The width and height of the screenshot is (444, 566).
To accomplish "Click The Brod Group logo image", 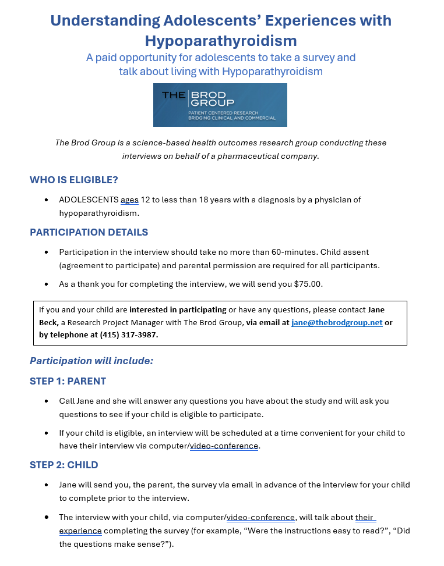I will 220,105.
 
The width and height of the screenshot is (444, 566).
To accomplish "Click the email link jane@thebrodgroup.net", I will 337,323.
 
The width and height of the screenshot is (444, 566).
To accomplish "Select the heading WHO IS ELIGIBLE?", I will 74,180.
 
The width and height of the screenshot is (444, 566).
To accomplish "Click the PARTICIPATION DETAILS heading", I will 89,232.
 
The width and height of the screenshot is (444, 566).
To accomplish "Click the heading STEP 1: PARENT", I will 68,381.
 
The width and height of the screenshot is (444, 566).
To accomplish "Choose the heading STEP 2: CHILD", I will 64,465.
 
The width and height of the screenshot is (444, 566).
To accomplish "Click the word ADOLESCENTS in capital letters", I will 89,200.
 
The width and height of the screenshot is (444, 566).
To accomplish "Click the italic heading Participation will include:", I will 91,361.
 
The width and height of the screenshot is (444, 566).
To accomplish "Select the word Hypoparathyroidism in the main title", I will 221,41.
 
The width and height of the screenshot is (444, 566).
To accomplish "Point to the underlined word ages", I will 129,200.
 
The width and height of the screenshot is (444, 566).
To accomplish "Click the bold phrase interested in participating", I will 178,309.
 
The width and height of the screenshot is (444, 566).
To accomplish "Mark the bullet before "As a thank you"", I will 47,284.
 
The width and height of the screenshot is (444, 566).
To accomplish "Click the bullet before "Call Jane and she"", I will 47,401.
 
